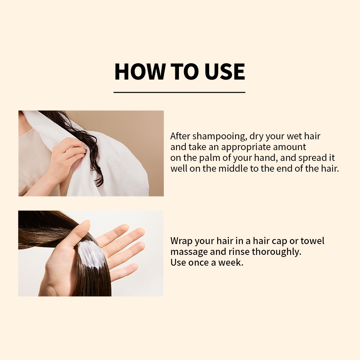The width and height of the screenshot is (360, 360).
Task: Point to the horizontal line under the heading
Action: tap(179, 92)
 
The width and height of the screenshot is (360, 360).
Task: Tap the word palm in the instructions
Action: tap(208, 158)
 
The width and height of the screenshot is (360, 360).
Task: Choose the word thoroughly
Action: tap(276, 252)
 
